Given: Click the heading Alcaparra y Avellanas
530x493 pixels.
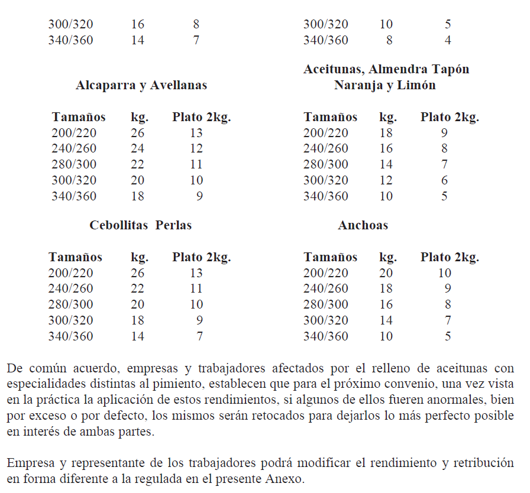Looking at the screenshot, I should pyautogui.click(x=141, y=85).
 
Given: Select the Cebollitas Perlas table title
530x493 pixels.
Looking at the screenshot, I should pyautogui.click(x=141, y=225).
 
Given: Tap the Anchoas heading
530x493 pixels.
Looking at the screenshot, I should pyautogui.click(x=363, y=225).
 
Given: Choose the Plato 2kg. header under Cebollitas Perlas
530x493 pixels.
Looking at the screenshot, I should pyautogui.click(x=201, y=257).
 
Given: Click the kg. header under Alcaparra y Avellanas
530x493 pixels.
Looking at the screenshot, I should pyautogui.click(x=140, y=117).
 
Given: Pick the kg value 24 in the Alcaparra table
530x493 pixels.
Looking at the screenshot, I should pyautogui.click(x=137, y=148).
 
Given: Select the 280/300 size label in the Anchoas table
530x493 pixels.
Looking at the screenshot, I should pyautogui.click(x=326, y=304).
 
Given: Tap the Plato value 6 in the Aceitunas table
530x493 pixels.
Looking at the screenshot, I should pyautogui.click(x=444, y=180).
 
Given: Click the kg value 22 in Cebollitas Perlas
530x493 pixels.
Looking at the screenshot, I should pyautogui.click(x=137, y=288).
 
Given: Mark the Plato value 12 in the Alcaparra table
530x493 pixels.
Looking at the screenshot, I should pyautogui.click(x=196, y=148).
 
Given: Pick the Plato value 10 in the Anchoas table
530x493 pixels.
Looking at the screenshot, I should pyautogui.click(x=444, y=273).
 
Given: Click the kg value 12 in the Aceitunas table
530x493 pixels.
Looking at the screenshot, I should pyautogui.click(x=386, y=180).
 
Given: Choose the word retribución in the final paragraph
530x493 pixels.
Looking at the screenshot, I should pyautogui.click(x=481, y=462).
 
